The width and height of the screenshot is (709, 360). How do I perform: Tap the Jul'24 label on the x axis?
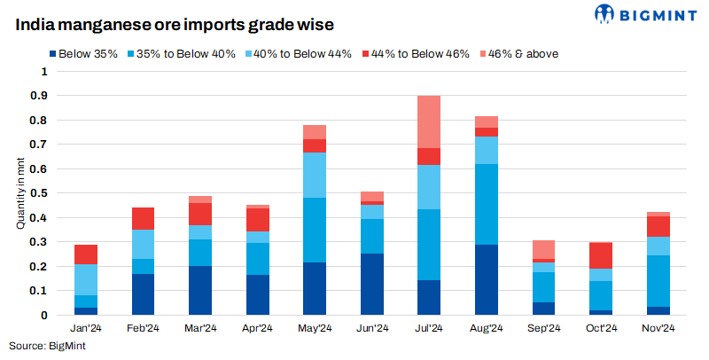(x=430, y=328)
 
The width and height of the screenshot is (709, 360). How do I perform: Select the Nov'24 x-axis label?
(x=658, y=328)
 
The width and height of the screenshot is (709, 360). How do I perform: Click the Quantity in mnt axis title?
(x=19, y=193)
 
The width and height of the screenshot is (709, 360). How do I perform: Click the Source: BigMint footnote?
(x=47, y=345)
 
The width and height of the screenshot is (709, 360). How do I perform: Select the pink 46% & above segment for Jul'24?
(x=430, y=121)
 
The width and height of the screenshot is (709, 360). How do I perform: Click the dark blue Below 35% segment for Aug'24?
(x=487, y=279)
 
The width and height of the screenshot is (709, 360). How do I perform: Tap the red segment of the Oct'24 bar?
(x=601, y=255)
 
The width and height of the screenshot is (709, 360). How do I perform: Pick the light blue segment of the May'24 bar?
(x=315, y=175)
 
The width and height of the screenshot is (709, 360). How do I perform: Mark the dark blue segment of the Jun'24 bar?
(x=372, y=284)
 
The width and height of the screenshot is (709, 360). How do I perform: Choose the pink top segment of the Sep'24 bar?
(x=544, y=249)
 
